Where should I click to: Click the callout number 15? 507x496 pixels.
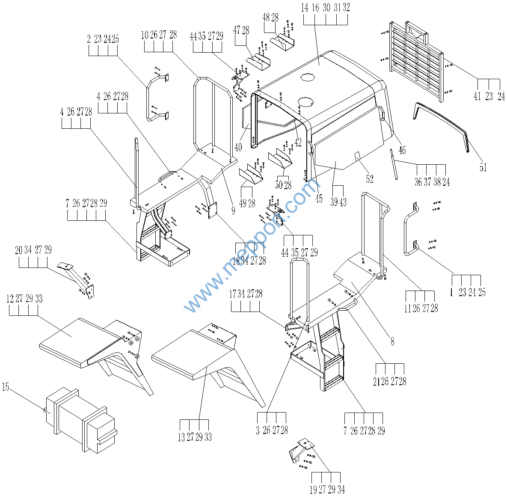6,387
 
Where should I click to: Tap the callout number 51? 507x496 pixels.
483,168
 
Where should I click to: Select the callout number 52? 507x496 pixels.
370,179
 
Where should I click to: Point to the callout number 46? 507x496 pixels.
402,150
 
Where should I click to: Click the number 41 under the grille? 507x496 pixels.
477,97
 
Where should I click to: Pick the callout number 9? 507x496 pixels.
233,211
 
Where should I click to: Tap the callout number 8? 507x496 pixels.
392,342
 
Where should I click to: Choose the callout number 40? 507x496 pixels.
238,147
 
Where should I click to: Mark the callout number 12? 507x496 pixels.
10,299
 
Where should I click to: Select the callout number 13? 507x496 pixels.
181,437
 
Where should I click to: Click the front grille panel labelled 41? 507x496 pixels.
415,60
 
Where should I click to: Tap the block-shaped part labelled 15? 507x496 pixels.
79,419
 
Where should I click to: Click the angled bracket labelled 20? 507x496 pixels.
77,278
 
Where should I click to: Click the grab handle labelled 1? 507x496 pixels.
409,231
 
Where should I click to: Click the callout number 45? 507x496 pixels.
319,199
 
